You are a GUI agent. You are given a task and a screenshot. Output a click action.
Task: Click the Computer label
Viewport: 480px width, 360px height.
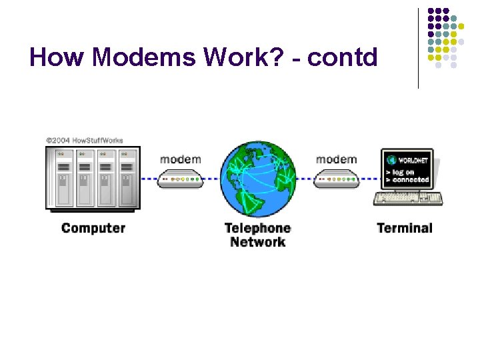[93, 228]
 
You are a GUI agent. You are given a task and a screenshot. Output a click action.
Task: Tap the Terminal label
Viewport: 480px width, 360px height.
[404, 228]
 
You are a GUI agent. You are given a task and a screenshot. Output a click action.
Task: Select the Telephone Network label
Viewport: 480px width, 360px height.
[257, 235]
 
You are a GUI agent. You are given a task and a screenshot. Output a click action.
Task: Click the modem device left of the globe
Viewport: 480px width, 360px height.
[180, 179]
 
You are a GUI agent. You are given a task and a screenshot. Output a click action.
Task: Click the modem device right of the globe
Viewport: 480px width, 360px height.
[335, 179]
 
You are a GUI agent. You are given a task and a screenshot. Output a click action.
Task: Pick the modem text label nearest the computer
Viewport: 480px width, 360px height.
[180, 159]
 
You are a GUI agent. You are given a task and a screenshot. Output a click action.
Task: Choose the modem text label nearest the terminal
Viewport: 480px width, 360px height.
[336, 159]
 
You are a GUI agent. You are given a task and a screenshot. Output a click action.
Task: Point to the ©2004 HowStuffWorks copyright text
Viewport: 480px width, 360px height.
[84, 141]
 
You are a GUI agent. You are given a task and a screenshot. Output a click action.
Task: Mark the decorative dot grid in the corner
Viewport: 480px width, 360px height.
[445, 37]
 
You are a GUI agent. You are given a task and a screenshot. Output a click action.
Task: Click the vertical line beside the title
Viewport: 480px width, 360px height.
[419, 48]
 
